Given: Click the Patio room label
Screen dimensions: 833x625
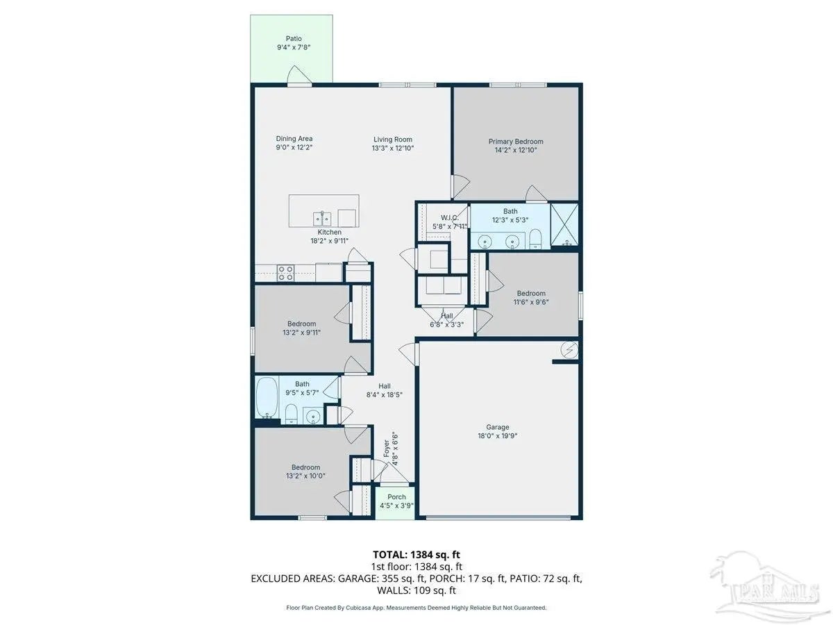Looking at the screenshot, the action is [294, 39].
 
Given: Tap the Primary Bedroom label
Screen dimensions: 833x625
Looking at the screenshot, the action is [515, 142].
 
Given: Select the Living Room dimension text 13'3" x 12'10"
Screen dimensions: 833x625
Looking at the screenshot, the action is [392, 149].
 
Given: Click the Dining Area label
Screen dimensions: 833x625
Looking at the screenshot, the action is [294, 139].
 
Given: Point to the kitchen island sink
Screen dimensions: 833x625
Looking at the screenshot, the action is [322, 219].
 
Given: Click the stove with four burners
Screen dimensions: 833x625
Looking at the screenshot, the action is [285, 273].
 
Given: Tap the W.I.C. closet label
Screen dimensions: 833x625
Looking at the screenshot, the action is [449, 218].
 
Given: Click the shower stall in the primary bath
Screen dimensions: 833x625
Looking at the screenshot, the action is [564, 224].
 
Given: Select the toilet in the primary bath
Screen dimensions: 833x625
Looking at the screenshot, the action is [535, 238].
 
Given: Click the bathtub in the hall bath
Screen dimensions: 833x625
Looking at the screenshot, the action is [267, 397].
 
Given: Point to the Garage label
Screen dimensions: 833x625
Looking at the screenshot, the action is [497, 427].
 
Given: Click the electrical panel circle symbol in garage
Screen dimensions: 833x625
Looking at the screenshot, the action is [569, 349].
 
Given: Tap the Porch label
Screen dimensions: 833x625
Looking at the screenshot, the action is [396, 497].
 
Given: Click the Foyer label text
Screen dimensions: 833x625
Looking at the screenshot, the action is [387, 449].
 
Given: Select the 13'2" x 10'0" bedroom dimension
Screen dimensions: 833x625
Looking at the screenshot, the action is [305, 476].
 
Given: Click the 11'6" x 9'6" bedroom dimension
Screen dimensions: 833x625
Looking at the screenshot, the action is [531, 302].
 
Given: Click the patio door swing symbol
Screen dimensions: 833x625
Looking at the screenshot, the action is [298, 75].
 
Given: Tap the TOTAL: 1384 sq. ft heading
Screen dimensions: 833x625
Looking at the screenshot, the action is [416, 555].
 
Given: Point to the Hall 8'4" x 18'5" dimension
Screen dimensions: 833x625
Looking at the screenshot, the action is [384, 394].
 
